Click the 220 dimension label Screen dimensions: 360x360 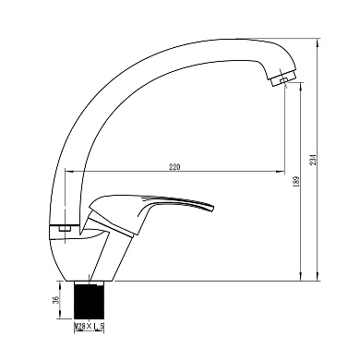[174, 167]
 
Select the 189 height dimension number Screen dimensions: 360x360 [296, 182]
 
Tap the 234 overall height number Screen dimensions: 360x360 [313, 159]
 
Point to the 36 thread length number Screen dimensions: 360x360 [55, 300]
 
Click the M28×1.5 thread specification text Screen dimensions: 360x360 [89, 326]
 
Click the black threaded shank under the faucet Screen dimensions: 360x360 [90, 300]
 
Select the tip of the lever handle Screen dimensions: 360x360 [211, 208]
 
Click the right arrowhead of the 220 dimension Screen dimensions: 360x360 [282, 171]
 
